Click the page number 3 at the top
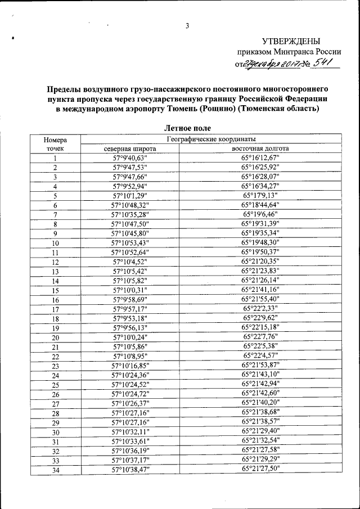click(188, 25)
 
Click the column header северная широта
click(130, 148)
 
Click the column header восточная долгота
click(260, 148)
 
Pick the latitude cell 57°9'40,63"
click(130, 158)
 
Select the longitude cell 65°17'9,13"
click(260, 196)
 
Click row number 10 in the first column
click(56, 243)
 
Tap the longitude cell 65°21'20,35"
click(260, 262)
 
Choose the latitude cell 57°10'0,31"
click(130, 290)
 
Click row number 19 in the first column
click(56, 328)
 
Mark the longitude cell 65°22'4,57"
click(260, 356)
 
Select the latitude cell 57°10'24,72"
click(130, 394)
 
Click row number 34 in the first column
click(56, 470)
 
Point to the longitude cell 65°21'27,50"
click(260, 469)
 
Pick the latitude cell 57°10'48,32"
click(130, 205)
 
